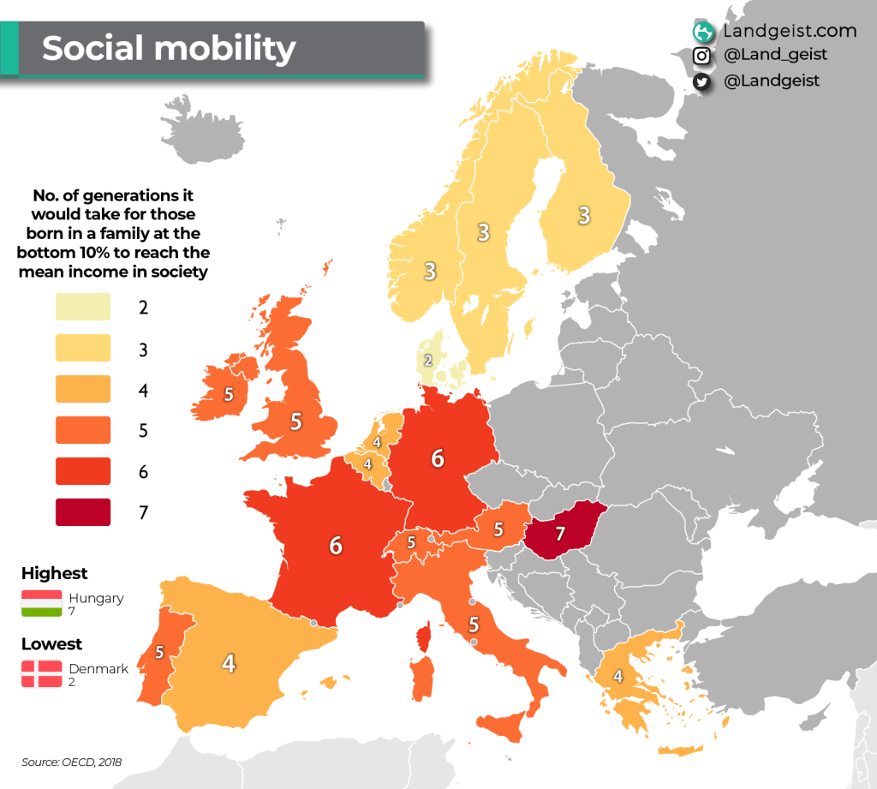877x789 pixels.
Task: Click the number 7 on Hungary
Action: point(560,534)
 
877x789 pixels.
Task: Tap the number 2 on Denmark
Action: point(428,361)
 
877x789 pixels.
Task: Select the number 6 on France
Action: point(336,545)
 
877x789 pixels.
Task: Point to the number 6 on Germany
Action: point(438,458)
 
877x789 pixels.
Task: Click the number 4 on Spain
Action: point(229,663)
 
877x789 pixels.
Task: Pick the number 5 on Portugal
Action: point(159,653)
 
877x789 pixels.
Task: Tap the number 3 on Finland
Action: point(584,215)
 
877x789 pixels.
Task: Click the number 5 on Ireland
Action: point(229,395)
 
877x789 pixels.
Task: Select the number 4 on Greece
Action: point(617,676)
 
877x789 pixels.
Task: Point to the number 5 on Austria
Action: point(498,529)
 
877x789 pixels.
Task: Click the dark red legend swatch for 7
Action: point(83,512)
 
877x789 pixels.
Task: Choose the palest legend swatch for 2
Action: point(83,307)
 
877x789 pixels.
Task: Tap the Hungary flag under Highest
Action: point(42,603)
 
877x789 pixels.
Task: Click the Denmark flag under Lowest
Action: point(42,674)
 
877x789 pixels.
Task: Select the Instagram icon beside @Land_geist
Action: point(702,56)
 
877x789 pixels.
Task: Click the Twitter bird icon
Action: point(702,81)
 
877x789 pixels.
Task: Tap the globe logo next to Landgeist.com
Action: point(703,32)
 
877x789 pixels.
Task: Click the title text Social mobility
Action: point(169,48)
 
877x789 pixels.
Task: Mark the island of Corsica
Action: point(421,639)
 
